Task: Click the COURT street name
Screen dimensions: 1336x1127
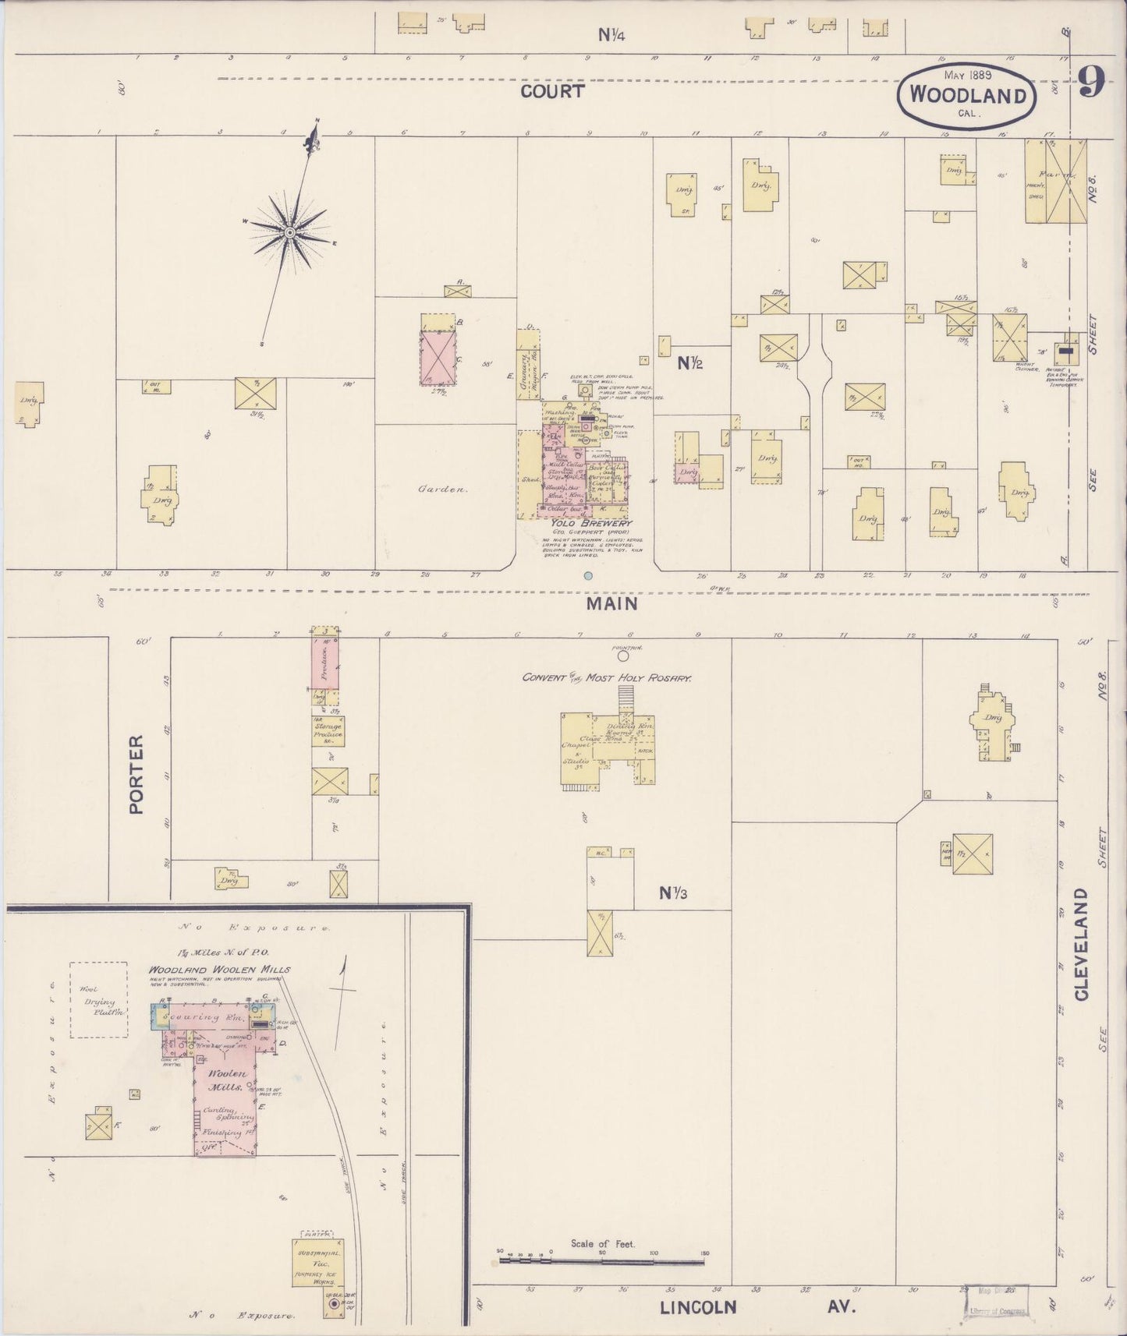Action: pos(552,91)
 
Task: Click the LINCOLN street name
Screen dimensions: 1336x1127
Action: pos(697,1307)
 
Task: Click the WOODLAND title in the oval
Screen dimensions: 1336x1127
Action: pos(968,95)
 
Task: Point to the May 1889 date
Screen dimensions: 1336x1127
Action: pos(967,75)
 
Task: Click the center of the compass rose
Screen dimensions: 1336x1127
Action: pos(289,232)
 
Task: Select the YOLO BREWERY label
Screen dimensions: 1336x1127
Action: pos(590,523)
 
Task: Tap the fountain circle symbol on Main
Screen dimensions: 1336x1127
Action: pos(623,656)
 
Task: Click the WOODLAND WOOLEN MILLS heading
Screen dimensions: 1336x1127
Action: pos(219,970)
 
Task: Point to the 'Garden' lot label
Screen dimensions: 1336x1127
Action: pos(442,490)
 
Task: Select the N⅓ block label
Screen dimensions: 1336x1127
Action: pos(672,893)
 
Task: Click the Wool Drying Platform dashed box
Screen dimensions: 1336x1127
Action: pos(98,1000)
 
